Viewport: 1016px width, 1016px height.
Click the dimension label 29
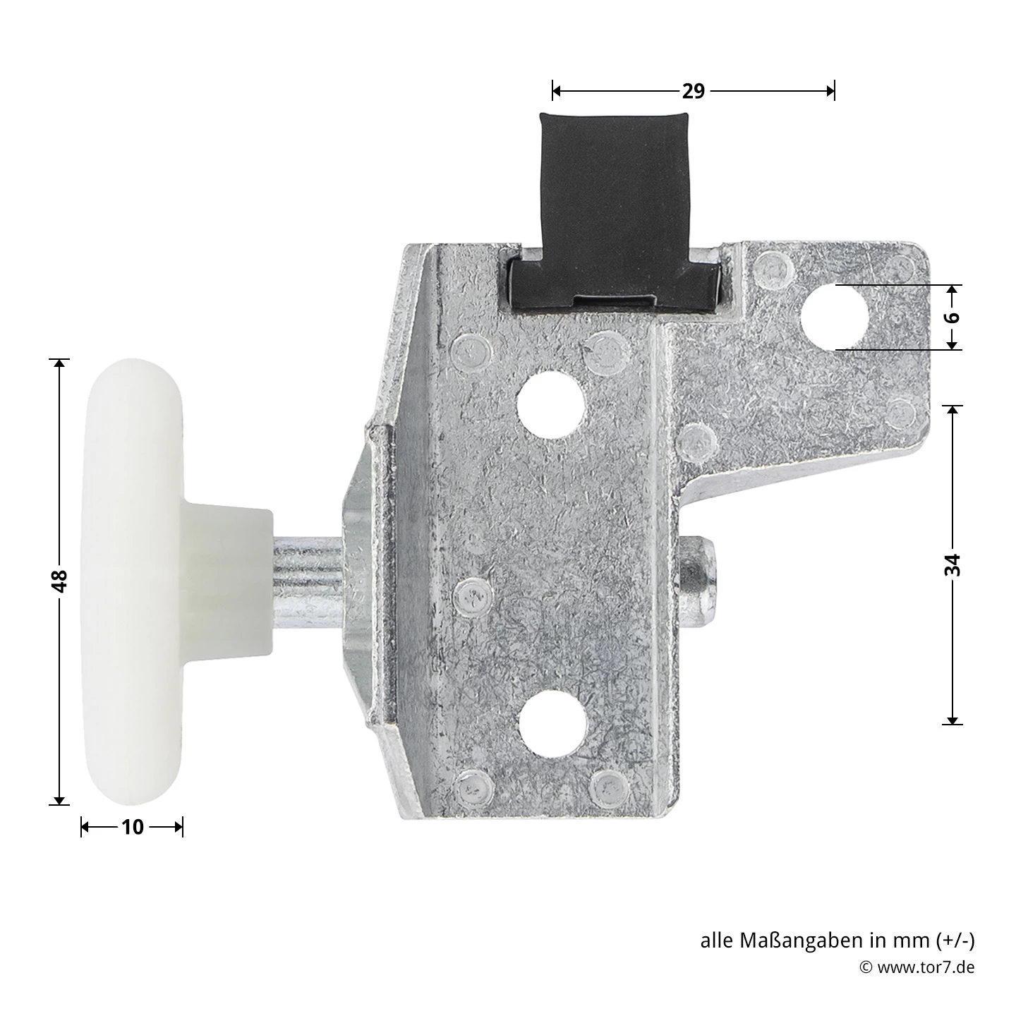693,91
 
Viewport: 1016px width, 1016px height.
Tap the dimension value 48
60,581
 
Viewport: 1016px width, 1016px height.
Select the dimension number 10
132,827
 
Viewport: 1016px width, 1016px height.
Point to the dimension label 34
953,564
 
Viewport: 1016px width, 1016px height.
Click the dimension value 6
953,317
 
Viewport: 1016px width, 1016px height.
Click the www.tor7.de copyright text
925,967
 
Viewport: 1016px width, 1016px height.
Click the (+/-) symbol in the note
955,941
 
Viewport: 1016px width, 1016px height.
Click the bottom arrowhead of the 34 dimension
953,719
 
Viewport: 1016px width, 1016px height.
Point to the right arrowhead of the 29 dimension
830,91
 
